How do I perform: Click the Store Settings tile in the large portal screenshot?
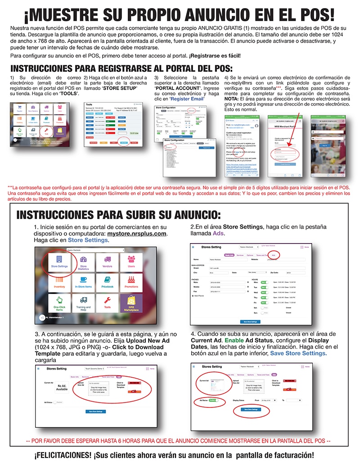coord(60,262)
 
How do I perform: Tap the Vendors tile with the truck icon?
coord(108,262)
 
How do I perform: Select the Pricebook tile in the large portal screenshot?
coord(108,283)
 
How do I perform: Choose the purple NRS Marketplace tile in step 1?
coord(131,305)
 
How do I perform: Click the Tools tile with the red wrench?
coord(108,305)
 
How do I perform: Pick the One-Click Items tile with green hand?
coord(60,305)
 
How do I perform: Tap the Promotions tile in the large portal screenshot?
coord(131,283)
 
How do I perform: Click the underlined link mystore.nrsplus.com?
coord(137,234)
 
